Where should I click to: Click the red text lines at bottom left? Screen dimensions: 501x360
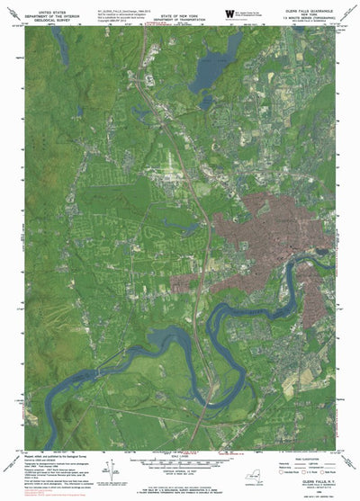(x=36, y=492)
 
